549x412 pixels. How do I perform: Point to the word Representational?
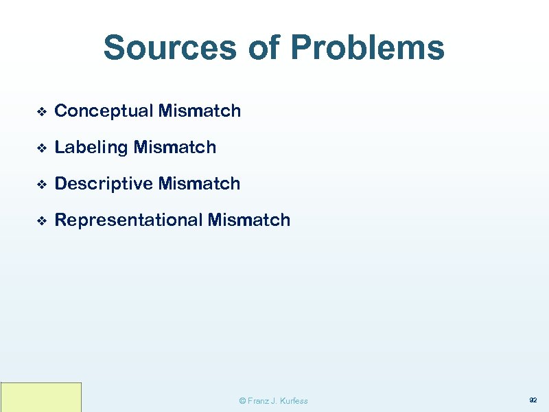[128, 220]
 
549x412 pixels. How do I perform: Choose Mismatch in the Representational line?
[249, 220]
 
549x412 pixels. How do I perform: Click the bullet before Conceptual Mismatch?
[40, 112]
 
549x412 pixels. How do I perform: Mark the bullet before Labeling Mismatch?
[40, 148]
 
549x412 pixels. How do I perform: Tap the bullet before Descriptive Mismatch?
[40, 185]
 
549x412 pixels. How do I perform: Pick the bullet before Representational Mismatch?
[40, 221]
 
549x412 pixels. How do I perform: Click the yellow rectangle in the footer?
[41, 398]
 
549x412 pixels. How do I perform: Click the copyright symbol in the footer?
[242, 401]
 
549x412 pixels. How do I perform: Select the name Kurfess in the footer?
[293, 401]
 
